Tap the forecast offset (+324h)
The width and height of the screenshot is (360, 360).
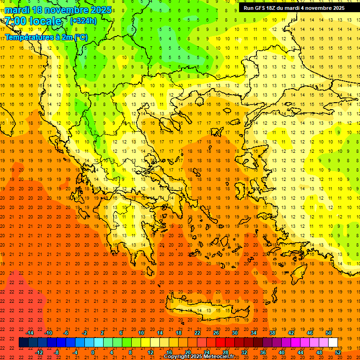[83, 21]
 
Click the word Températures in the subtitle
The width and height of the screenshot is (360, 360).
[29, 37]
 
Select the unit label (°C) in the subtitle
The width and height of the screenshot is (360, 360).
[80, 37]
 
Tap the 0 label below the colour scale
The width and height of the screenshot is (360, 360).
[93, 352]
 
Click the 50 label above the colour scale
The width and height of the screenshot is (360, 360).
[329, 333]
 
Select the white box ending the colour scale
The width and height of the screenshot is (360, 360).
[333, 343]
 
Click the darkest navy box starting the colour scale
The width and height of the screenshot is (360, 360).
[23, 343]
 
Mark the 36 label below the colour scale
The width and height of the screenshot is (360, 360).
[263, 352]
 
